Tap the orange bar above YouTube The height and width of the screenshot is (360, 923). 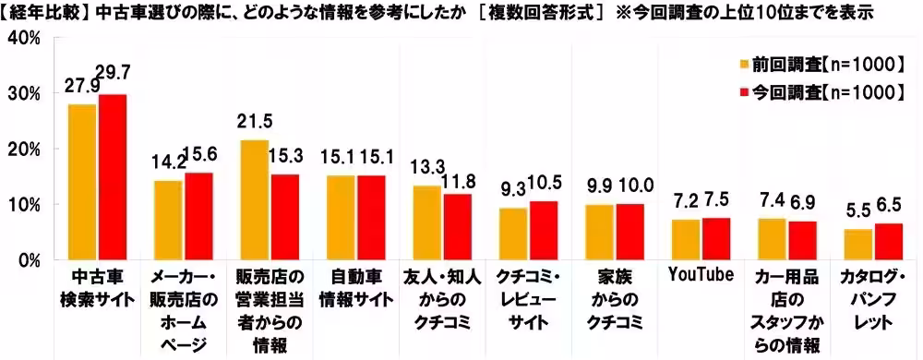click(x=685, y=239)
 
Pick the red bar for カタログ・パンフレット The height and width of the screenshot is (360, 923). click(x=888, y=241)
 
